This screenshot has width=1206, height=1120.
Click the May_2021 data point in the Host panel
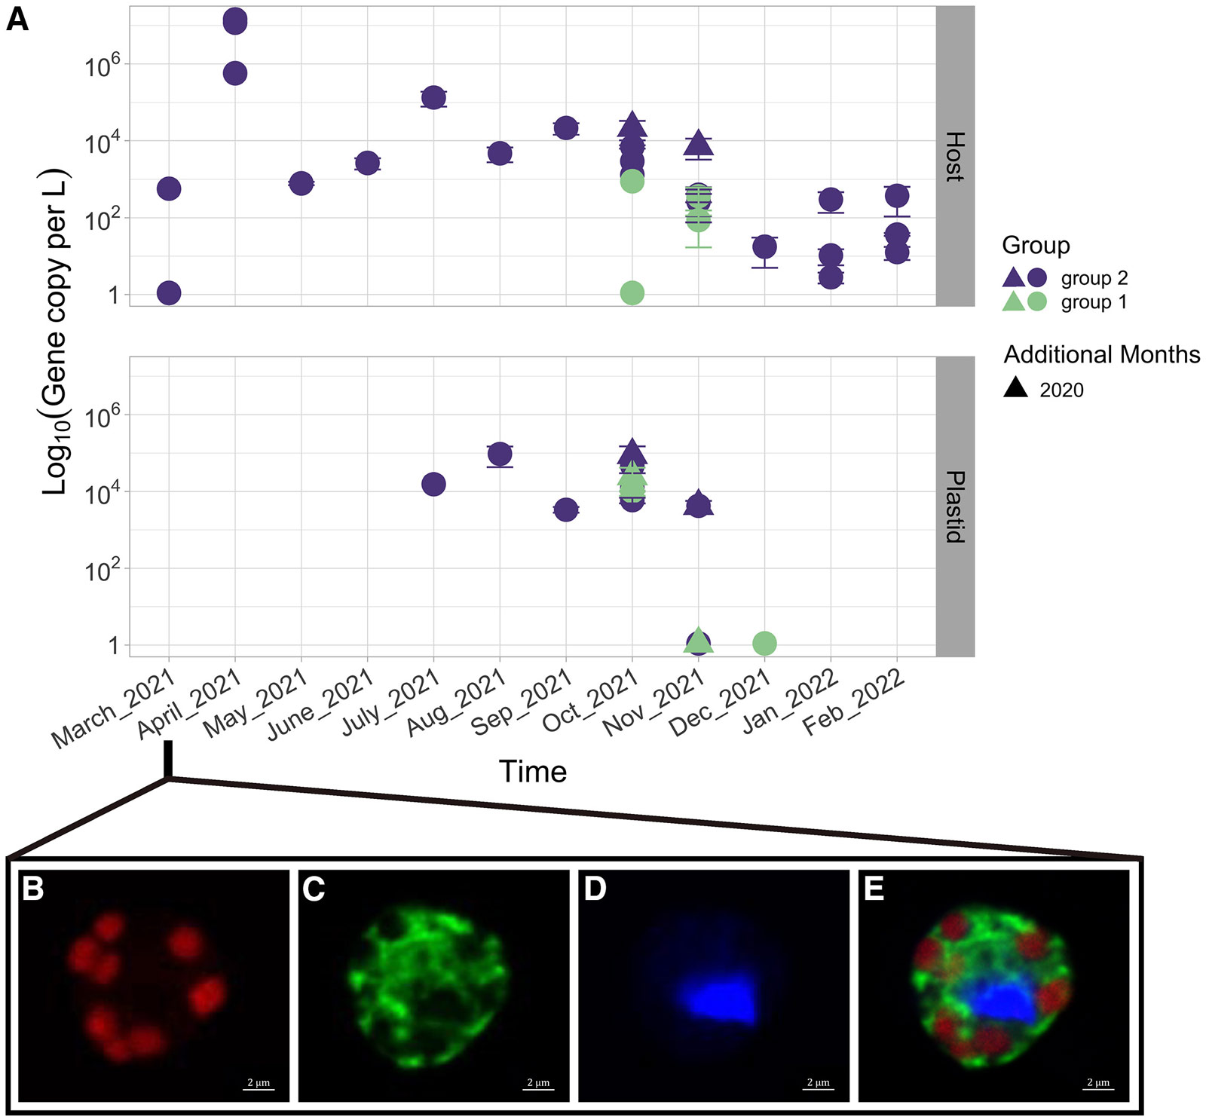tap(301, 183)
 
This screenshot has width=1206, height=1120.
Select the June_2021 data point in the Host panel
tap(367, 163)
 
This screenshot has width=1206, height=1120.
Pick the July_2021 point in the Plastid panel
tap(433, 484)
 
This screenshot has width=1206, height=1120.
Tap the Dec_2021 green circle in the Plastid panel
tap(764, 643)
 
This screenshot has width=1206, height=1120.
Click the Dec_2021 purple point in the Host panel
tap(764, 246)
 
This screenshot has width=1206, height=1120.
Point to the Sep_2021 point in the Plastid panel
tap(566, 510)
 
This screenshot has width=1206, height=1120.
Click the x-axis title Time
tap(532, 772)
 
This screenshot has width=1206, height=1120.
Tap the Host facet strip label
tap(954, 156)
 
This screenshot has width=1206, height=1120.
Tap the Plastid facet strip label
tap(954, 506)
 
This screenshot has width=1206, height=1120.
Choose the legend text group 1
tap(1094, 302)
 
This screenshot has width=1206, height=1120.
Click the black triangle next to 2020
tap(1016, 387)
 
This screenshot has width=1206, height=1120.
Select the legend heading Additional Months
tap(1101, 354)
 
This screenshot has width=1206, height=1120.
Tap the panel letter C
tap(314, 889)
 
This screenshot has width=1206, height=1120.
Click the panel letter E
tap(874, 889)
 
